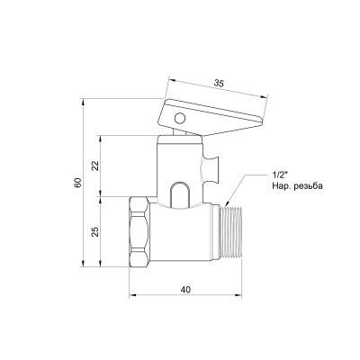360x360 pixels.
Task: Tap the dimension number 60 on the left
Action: click(80, 183)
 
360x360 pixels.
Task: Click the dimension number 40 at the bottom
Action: click(184, 289)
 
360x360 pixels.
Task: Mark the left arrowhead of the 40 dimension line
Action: click(132, 297)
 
